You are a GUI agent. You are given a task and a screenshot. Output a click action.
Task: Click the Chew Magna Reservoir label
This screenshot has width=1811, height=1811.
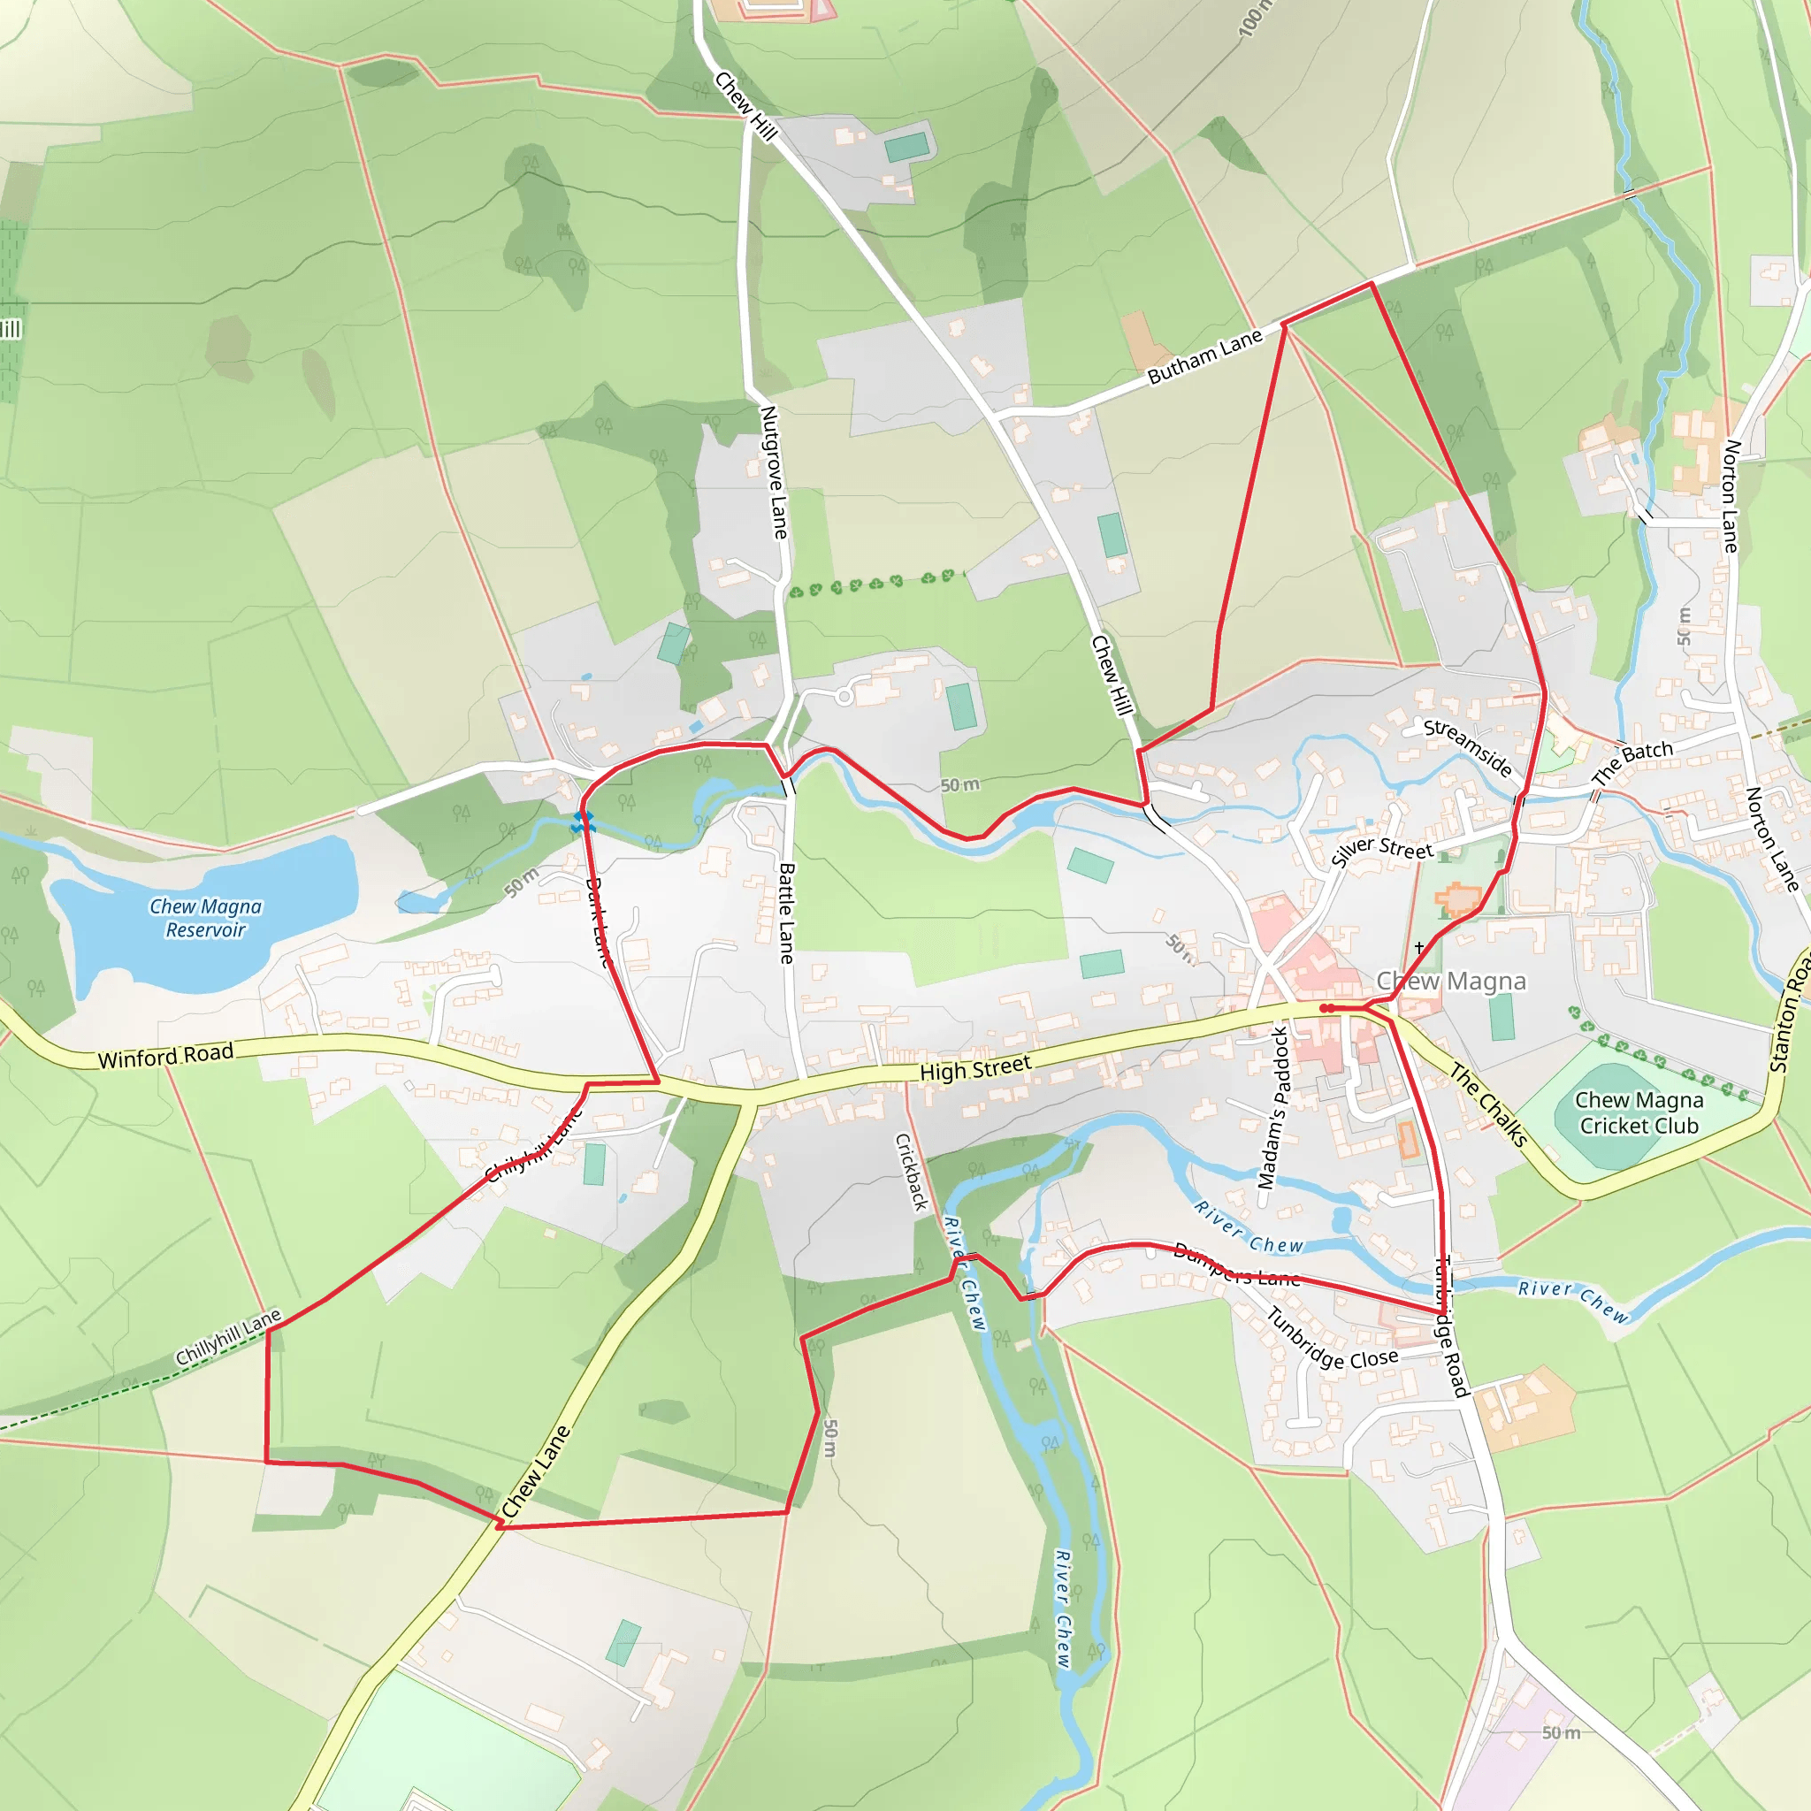pos(205,918)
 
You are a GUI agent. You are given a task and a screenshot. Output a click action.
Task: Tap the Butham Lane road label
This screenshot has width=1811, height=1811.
pos(1204,357)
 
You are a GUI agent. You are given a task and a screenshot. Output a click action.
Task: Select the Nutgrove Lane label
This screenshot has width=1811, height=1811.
pos(774,472)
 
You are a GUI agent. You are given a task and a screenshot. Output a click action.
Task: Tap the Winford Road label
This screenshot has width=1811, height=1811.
pos(166,1056)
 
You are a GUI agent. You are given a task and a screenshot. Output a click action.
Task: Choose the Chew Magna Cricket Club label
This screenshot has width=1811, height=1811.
pos(1639,1112)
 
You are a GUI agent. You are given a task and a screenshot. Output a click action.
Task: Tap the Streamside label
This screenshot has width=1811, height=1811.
pos(1468,747)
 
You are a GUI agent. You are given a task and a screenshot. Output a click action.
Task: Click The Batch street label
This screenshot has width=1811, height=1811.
pos(1632,762)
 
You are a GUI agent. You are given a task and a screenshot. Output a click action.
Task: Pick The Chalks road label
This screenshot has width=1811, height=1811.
pos(1489,1105)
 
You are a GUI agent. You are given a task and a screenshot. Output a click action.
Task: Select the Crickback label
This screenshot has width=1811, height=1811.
pos(911,1172)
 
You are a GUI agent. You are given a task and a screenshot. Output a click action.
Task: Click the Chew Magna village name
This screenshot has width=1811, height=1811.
pos(1451,982)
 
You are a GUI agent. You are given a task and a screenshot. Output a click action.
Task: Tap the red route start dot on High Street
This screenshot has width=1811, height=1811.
pos(1327,1009)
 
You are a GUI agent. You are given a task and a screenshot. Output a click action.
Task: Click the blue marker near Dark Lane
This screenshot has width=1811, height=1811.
pos(583,822)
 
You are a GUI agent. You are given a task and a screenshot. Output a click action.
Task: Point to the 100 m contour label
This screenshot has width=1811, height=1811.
pos(1255,19)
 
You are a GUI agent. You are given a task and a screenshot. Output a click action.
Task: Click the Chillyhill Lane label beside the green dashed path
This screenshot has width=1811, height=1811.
pos(228,1338)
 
